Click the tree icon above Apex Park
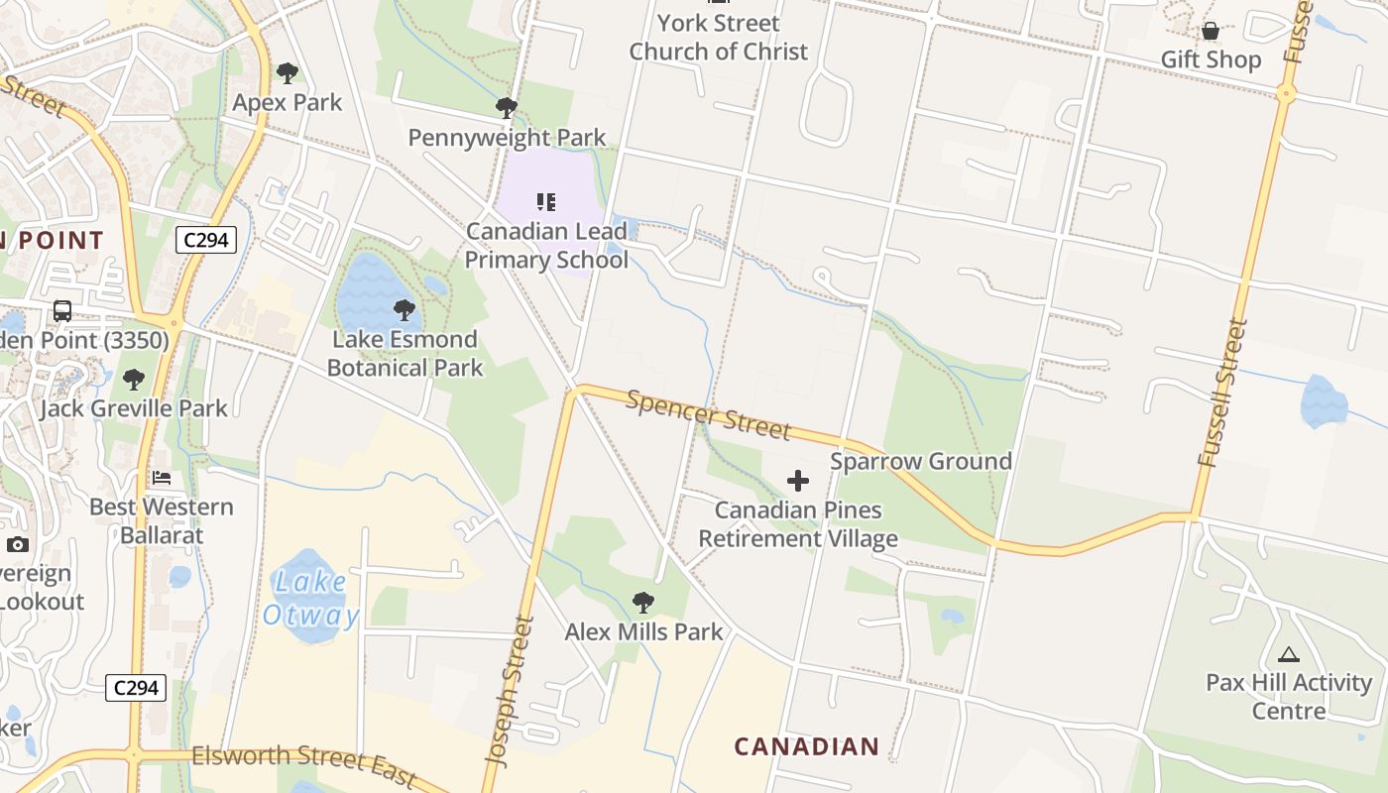288,72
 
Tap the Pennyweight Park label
507,137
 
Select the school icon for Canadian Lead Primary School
545,202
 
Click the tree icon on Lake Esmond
404,310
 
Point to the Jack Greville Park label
134,407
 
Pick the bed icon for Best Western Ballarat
162,478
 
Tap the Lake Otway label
311,599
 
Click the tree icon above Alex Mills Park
643,602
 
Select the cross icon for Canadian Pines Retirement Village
798,482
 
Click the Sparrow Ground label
921,461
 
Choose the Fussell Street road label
1221,393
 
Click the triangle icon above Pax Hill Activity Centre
1288,654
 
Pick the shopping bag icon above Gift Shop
1211,32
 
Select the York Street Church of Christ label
719,37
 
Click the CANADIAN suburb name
807,746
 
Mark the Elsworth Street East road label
303,763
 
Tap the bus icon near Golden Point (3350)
61,311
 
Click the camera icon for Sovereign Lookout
18,544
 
